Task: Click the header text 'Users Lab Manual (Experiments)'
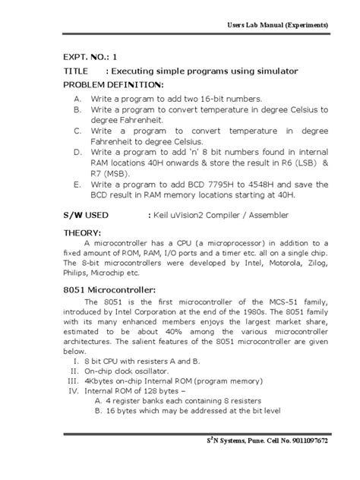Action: pyautogui.click(x=278, y=25)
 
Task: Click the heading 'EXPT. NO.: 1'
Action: pyautogui.click(x=90, y=55)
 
